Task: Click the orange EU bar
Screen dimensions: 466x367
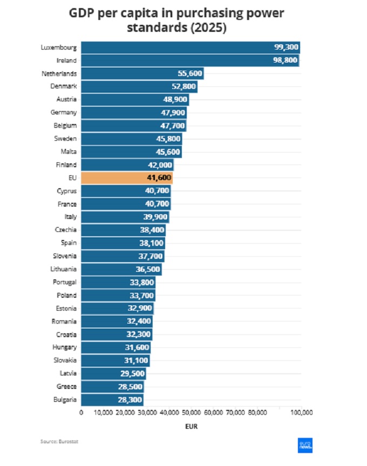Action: [x=127, y=178]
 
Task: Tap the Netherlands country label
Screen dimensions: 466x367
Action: [x=59, y=73]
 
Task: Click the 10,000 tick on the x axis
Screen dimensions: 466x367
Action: [x=103, y=412]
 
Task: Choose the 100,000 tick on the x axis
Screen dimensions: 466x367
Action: [x=301, y=412]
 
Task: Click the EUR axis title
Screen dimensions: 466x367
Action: [x=191, y=426]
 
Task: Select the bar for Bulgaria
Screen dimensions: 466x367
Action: [x=112, y=400]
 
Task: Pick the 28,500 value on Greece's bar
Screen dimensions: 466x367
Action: [x=130, y=387]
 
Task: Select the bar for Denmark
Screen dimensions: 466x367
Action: [x=139, y=87]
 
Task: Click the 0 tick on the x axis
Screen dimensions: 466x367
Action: [x=81, y=412]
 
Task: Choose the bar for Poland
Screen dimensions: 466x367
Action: [x=118, y=295]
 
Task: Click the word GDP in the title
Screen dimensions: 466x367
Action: [x=83, y=12]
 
